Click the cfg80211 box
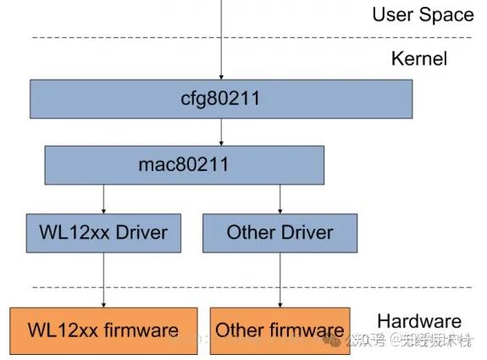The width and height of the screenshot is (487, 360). tap(221, 99)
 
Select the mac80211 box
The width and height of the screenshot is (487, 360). tap(184, 164)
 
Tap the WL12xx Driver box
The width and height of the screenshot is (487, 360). tap(103, 232)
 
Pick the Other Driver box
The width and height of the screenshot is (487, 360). tap(279, 232)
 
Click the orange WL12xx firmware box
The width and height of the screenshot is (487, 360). tap(104, 330)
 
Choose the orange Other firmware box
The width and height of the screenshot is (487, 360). tap(279, 330)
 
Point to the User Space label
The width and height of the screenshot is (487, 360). tap(423, 14)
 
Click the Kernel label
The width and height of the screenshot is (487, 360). tap(418, 58)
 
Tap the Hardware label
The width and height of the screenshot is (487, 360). tap(418, 321)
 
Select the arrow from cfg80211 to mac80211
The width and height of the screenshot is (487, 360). tap(221, 131)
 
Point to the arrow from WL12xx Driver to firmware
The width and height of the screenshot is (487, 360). tap(103, 280)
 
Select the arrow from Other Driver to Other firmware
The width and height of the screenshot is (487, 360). tap(279, 280)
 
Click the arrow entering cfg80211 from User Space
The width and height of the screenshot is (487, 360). tap(221, 42)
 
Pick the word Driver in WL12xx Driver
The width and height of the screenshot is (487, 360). tap(141, 232)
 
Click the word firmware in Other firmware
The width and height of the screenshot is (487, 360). tap(310, 330)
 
